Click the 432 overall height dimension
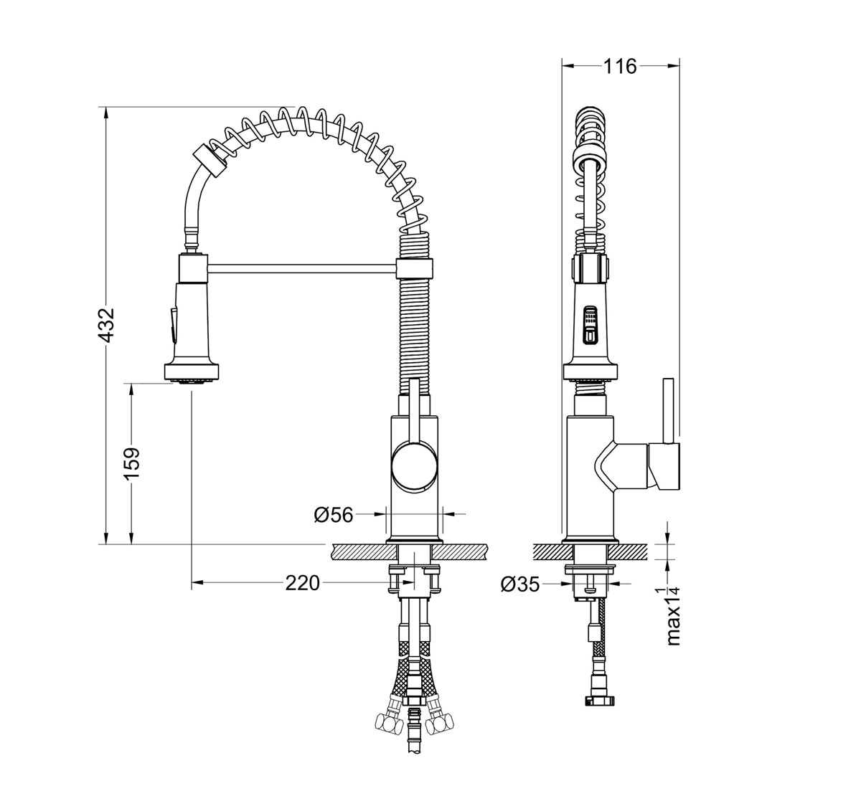pyautogui.click(x=106, y=326)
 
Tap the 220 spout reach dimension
pyautogui.click(x=302, y=583)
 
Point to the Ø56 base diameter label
pyautogui.click(x=334, y=514)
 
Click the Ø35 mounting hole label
pyautogui.click(x=519, y=584)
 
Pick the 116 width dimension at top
pyautogui.click(x=620, y=66)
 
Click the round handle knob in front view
pyautogui.click(x=413, y=466)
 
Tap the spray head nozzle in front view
pyautogui.click(x=190, y=371)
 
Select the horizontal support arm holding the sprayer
pyautogui.click(x=301, y=269)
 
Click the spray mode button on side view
pyautogui.click(x=590, y=316)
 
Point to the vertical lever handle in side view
pyautogui.click(x=667, y=409)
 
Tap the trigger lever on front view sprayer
pyautogui.click(x=172, y=324)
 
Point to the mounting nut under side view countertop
pyautogui.click(x=590, y=571)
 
